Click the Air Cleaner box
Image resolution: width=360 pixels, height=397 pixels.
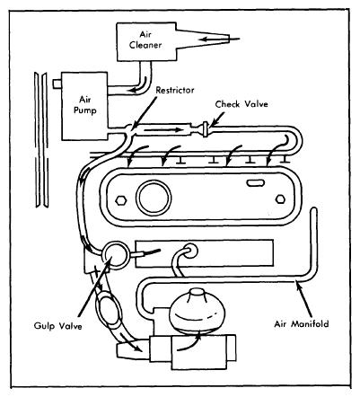pyautogui.click(x=146, y=41)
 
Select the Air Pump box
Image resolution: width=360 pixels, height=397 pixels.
pyautogui.click(x=84, y=106)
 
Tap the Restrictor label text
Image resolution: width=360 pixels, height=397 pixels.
pyautogui.click(x=175, y=90)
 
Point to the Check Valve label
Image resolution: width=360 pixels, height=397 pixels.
pyautogui.click(x=241, y=104)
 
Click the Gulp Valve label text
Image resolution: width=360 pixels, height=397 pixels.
pyautogui.click(x=57, y=325)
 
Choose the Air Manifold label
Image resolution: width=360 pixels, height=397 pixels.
pyautogui.click(x=302, y=323)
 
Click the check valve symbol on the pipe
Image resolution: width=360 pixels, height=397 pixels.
pyautogui.click(x=206, y=129)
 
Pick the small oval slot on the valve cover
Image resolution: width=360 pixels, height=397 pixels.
pyautogui.click(x=255, y=183)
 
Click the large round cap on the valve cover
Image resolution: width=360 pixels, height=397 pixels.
pyautogui.click(x=154, y=198)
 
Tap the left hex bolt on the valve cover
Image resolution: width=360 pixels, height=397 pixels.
pyautogui.click(x=120, y=200)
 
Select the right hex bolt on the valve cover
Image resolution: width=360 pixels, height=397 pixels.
pyautogui.click(x=280, y=199)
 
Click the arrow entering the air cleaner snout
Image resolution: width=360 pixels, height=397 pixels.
pyautogui.click(x=220, y=39)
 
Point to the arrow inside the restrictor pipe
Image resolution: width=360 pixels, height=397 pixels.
pyautogui.click(x=163, y=130)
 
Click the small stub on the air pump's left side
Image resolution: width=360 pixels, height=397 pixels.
pyautogui.click(x=57, y=84)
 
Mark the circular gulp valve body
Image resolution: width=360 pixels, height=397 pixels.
pyautogui.click(x=116, y=255)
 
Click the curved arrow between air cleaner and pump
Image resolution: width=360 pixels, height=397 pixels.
pyautogui.click(x=140, y=85)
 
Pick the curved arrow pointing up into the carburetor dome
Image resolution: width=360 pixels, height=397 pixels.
pyautogui.click(x=189, y=344)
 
